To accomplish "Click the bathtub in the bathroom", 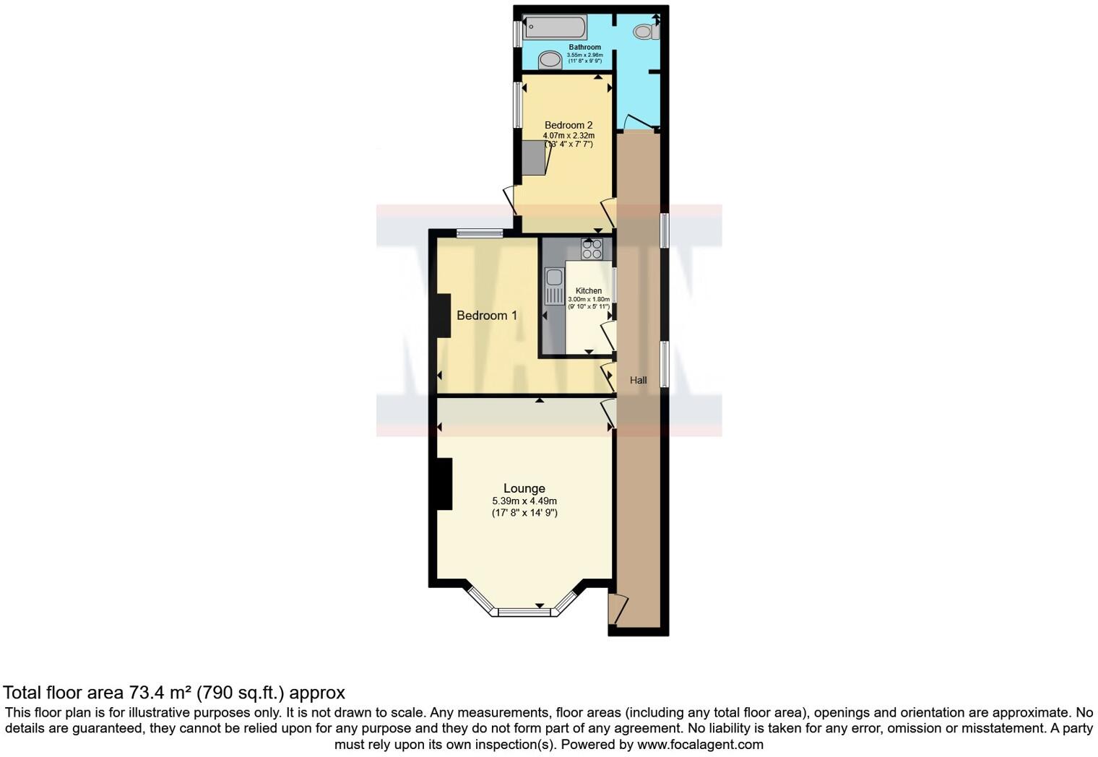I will click(x=554, y=28).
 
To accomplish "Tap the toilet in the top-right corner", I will click(x=645, y=31).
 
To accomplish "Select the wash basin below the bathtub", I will click(x=550, y=60).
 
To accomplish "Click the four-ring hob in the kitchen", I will click(x=592, y=249).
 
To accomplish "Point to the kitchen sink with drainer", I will click(x=554, y=286).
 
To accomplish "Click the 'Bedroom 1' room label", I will click(x=486, y=316).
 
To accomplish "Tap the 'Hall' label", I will click(x=638, y=381).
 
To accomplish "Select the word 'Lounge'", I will click(x=524, y=488).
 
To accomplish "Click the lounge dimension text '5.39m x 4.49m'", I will click(x=524, y=501).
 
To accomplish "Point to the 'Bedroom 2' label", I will click(x=569, y=125).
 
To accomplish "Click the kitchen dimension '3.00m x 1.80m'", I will click(x=589, y=299).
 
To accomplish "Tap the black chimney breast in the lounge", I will click(x=444, y=484).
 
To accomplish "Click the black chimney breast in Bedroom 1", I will click(x=444, y=315).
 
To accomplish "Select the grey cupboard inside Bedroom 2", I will click(x=535, y=158).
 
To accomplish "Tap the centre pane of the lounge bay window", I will click(x=524, y=613).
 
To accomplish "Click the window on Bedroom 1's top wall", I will click(x=480, y=233).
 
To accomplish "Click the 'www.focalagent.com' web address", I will click(x=700, y=744).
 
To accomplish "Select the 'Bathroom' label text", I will click(x=584, y=47).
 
